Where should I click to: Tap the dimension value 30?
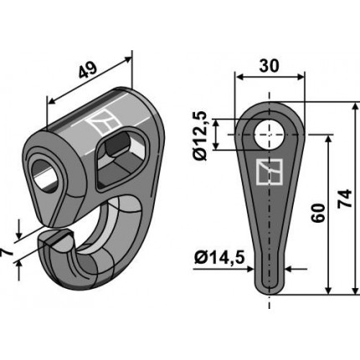coord(270,66)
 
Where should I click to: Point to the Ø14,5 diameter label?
coord(219,257)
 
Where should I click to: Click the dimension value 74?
coord(345,198)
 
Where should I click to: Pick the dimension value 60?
coord(319,213)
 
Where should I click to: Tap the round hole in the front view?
coord(269,134)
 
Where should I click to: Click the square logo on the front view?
coord(270,172)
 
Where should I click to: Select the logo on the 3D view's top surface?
coord(102,122)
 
